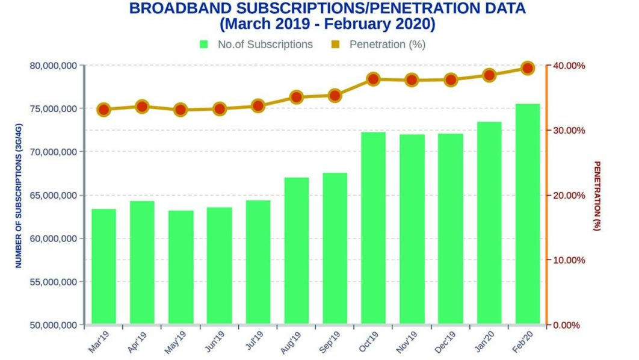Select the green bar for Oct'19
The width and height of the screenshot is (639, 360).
tap(373, 229)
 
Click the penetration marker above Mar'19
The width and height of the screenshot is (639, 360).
tap(103, 110)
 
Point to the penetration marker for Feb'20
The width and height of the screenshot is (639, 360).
tap(528, 68)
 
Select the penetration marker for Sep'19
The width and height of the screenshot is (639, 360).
tap(335, 95)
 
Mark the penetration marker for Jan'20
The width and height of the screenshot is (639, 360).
tap(489, 75)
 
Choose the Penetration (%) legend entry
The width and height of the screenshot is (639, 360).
tap(379, 45)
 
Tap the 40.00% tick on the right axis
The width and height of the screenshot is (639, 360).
tap(568, 66)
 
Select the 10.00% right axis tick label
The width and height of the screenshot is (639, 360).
tap(568, 260)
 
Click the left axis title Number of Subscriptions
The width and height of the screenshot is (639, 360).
tap(19, 196)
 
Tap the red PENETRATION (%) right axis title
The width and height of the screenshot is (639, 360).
tap(597, 196)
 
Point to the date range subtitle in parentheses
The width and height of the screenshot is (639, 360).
tap(327, 25)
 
